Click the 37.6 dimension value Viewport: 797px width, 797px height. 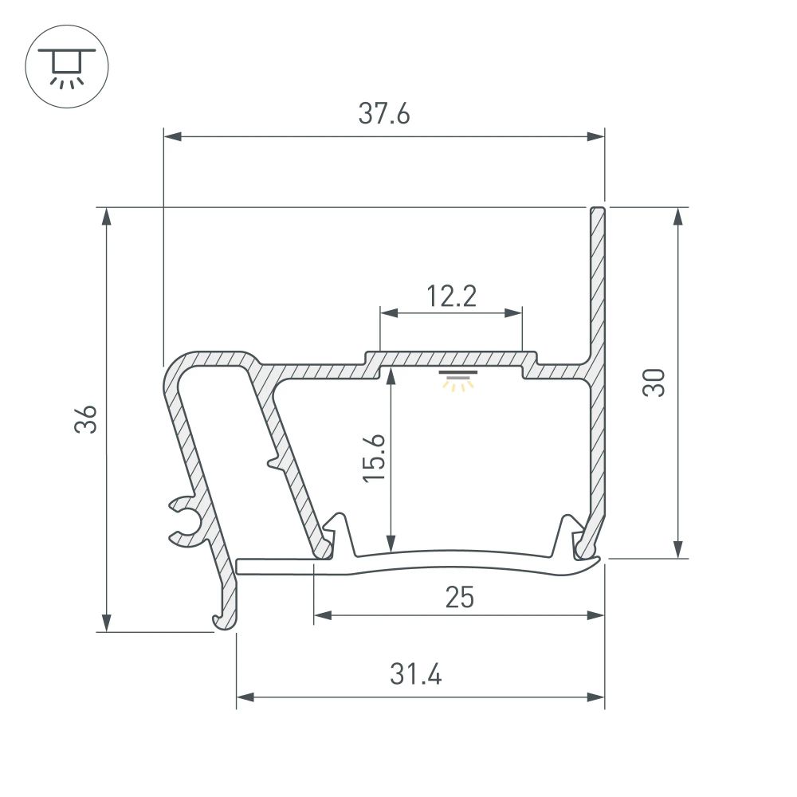click(x=383, y=115)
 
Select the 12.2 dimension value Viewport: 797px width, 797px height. click(x=450, y=296)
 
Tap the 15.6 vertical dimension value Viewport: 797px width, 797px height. click(x=373, y=457)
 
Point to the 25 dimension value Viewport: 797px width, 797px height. click(x=460, y=597)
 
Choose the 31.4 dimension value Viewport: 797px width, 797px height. click(x=415, y=675)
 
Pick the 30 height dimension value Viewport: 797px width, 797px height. click(x=654, y=383)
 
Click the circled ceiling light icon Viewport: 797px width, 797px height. click(x=67, y=67)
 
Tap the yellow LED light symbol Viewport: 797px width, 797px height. click(x=458, y=382)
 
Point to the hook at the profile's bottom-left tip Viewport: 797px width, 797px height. click(x=219, y=619)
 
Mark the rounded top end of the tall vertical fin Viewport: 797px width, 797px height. click(x=598, y=212)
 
